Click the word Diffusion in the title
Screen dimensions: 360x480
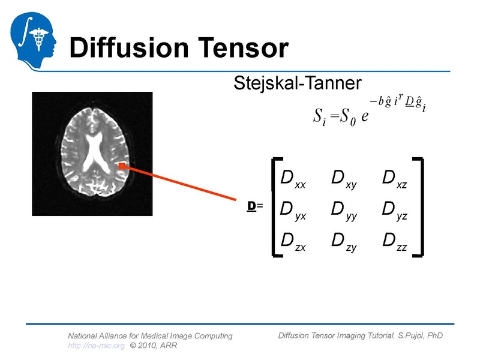pos(143,47)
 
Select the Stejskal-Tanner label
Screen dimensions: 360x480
pos(297,83)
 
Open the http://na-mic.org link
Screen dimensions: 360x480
pos(96,346)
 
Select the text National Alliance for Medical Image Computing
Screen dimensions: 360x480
pos(150,336)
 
